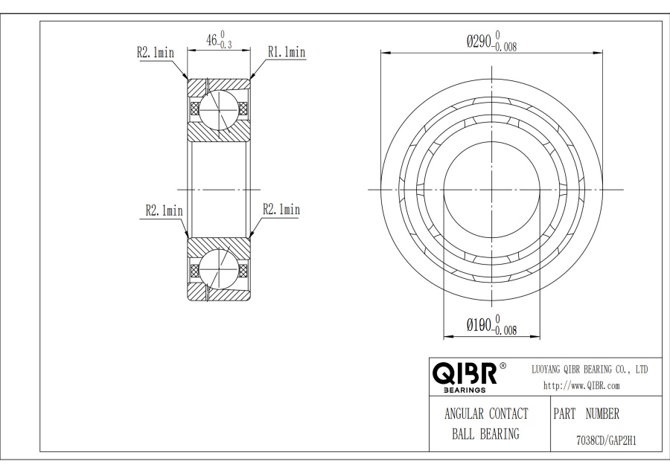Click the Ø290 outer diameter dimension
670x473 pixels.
[x=492, y=42]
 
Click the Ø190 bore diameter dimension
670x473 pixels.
[x=492, y=325]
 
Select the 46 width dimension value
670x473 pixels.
[x=212, y=41]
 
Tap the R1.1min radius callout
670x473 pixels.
[x=287, y=52]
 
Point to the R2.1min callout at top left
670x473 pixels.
[x=156, y=53]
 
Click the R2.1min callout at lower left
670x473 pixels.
[x=164, y=210]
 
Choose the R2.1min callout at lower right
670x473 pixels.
[x=281, y=209]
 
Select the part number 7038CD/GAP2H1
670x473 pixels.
[x=606, y=440]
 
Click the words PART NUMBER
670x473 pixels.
[x=587, y=414]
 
